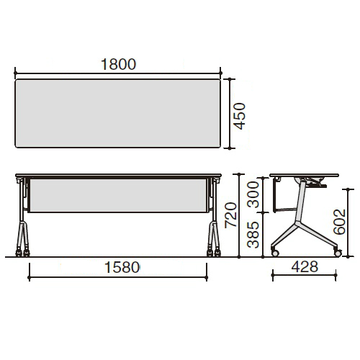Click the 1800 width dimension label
[118, 64]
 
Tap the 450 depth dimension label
[240, 116]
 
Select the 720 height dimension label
[230, 215]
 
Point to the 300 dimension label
[253, 194]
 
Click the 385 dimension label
[253, 235]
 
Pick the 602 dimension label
[339, 222]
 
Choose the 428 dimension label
[305, 266]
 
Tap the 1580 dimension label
[122, 267]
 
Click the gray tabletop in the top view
[118, 113]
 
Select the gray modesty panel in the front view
[118, 195]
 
